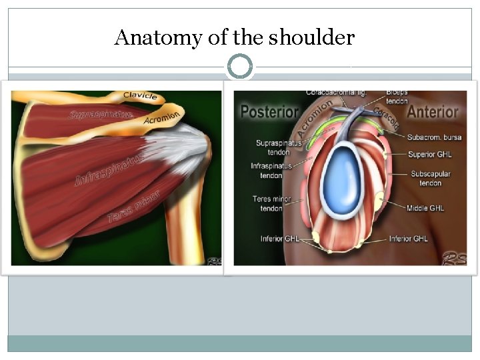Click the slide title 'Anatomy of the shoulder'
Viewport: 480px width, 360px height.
[234, 37]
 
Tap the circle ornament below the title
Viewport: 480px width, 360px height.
[240, 67]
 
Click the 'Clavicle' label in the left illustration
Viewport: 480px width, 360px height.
[140, 97]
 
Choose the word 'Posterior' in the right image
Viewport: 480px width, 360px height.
[268, 111]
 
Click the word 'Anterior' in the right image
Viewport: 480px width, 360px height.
[433, 111]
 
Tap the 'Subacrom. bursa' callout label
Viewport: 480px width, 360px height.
[435, 138]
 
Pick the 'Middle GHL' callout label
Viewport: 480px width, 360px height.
[427, 209]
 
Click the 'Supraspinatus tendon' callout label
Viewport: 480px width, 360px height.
[278, 147]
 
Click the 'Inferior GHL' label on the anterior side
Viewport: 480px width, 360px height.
[409, 239]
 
